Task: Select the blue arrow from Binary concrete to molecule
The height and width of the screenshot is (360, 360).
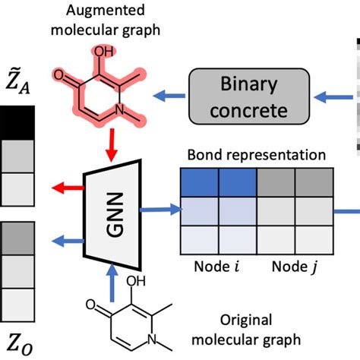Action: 169,95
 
